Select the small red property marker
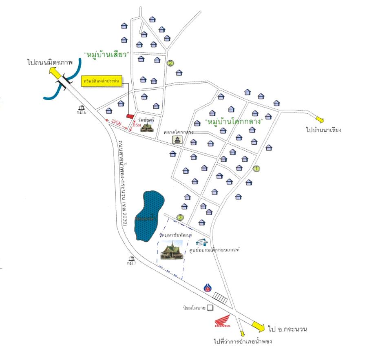pyautogui.click(x=130, y=116)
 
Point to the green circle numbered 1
pyautogui.click(x=256, y=168)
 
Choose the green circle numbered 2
pyautogui.click(x=171, y=63)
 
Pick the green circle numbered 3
pyautogui.click(x=180, y=217)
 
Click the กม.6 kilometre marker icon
pyautogui.click(x=82, y=108)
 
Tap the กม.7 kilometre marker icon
pyautogui.click(x=131, y=258)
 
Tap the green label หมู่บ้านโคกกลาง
pyautogui.click(x=234, y=122)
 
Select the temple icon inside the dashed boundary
pyautogui.click(x=171, y=250)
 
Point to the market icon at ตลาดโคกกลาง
pyautogui.click(x=178, y=140)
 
